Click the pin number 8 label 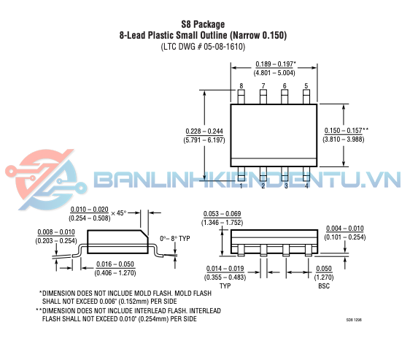tap(241, 86)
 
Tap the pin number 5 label tap(306, 86)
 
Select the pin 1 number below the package tap(241, 185)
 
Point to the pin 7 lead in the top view tap(263, 97)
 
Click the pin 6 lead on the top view tap(285, 97)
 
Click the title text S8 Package tap(203, 24)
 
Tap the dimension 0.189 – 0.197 tap(274, 64)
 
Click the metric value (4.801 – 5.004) tap(274, 73)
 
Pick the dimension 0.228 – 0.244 tap(204, 131)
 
